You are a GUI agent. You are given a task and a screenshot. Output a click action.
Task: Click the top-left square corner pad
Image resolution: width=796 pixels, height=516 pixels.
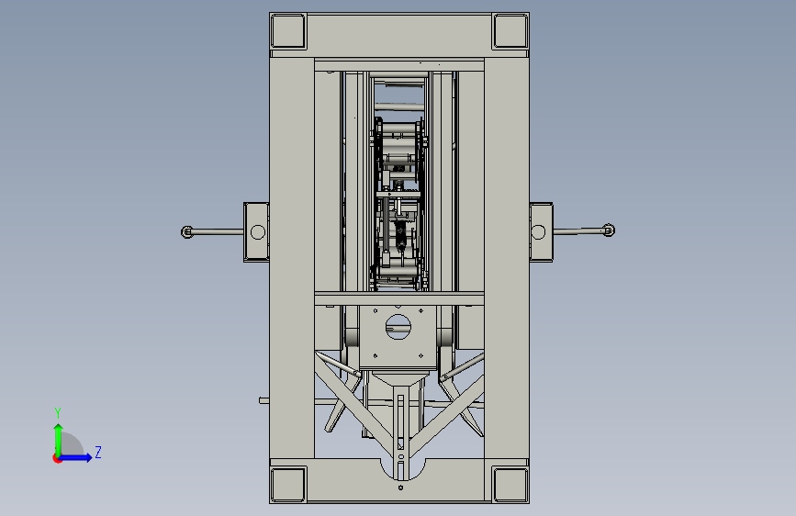click(x=288, y=31)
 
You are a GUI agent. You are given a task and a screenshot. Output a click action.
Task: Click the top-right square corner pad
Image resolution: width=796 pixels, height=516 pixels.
click(x=510, y=31)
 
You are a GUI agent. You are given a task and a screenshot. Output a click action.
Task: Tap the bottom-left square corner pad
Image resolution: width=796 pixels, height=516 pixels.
click(x=288, y=485)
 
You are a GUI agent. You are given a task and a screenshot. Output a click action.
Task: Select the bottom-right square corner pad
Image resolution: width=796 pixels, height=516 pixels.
click(x=510, y=485)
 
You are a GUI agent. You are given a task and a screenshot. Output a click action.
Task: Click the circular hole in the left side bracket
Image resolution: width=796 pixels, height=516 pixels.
click(x=258, y=232)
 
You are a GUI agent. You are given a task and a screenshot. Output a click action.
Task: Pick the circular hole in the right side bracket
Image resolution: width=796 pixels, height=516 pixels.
click(x=538, y=232)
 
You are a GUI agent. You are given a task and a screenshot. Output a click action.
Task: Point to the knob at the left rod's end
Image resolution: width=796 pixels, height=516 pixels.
click(x=186, y=232)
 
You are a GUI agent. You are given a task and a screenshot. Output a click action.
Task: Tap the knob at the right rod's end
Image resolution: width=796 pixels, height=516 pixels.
click(x=609, y=230)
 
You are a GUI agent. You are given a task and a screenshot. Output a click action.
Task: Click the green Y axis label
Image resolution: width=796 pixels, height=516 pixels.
click(x=58, y=413)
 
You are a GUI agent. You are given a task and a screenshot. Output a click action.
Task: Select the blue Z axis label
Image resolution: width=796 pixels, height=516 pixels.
click(x=98, y=452)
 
